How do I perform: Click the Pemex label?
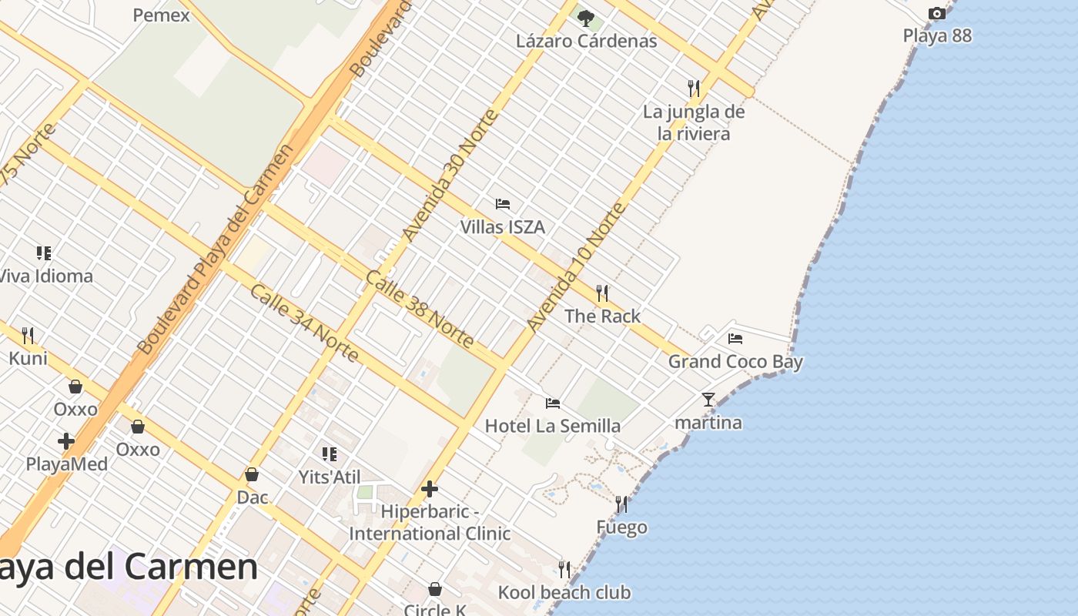coord(161,15)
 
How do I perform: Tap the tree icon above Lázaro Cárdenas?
coord(586,18)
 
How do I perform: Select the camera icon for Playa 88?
coord(936,13)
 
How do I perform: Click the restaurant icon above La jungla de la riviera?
coord(694,89)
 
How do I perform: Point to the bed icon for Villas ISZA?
coord(503,204)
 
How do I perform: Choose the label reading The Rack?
coord(602,316)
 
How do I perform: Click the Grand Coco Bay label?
coord(735,361)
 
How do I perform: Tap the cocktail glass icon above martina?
coord(708,400)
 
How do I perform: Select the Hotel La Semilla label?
coord(552,426)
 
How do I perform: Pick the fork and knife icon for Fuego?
coord(621,504)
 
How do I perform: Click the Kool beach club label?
coord(564,592)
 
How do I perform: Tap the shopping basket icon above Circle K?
coord(435,589)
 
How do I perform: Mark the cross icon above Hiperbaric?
coord(430,489)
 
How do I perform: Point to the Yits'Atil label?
coord(330,477)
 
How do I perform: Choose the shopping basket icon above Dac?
coord(252,474)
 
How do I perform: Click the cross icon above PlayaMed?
coord(66,441)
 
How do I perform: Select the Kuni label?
coord(28,358)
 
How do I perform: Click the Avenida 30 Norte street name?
coord(450,176)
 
